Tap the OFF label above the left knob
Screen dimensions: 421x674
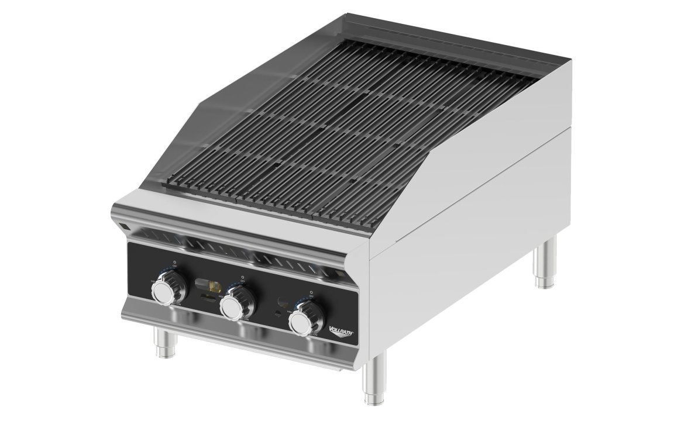(x=174, y=267)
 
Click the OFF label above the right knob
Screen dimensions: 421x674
(x=311, y=298)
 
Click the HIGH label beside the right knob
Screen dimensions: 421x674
(x=289, y=312)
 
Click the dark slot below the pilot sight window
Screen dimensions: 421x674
(x=209, y=297)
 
